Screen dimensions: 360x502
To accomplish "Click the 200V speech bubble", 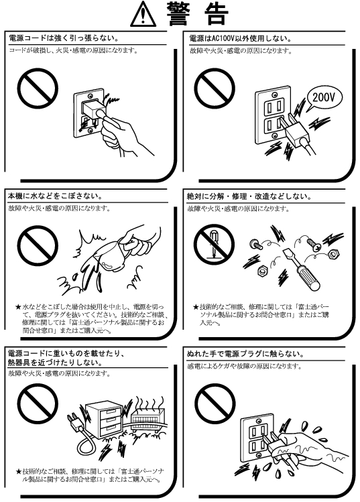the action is (x=324, y=98).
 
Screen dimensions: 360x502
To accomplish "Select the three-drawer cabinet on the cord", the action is (x=104, y=420).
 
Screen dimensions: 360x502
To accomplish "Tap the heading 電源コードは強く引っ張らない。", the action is (x=64, y=38).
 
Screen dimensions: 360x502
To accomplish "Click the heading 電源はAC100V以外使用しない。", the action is (x=241, y=39).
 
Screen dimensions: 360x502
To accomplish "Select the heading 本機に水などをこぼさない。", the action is (x=56, y=196).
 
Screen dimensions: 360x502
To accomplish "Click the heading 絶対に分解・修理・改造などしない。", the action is (x=249, y=196).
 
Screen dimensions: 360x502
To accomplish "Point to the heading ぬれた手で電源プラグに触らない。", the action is (x=245, y=354).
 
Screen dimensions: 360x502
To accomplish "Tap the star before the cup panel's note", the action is (x=18, y=307).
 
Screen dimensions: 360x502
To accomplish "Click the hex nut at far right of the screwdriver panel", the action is (x=334, y=255).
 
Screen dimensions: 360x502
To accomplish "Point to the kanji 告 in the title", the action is (x=217, y=15).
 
